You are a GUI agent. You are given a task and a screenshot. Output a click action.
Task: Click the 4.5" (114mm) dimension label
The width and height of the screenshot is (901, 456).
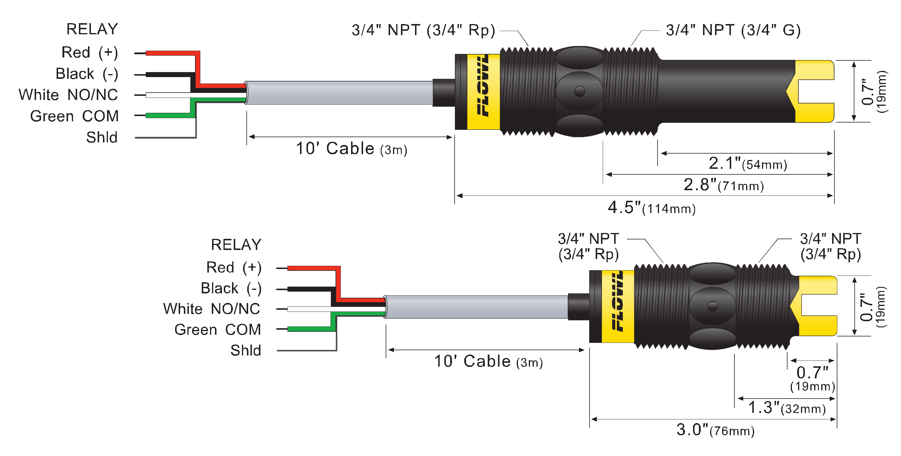pyautogui.click(x=651, y=208)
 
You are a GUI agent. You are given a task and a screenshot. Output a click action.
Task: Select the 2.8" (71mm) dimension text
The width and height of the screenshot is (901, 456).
pyautogui.click(x=723, y=185)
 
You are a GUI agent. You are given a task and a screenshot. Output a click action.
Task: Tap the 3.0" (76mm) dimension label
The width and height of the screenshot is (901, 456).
pyautogui.click(x=715, y=430)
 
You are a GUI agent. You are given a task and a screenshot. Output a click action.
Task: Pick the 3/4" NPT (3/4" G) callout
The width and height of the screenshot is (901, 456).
pyautogui.click(x=733, y=30)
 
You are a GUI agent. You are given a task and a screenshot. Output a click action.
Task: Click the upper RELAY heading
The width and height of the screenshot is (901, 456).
pyautogui.click(x=92, y=29)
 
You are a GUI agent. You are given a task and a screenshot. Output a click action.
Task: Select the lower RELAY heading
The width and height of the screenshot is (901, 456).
pyautogui.click(x=236, y=245)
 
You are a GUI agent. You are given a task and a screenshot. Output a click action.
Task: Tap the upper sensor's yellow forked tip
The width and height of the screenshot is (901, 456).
pyautogui.click(x=815, y=91)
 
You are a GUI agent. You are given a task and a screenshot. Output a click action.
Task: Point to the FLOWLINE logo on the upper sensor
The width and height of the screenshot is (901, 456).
pyautogui.click(x=483, y=86)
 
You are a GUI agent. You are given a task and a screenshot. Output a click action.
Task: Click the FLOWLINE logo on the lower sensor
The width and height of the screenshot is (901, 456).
pyautogui.click(x=618, y=301)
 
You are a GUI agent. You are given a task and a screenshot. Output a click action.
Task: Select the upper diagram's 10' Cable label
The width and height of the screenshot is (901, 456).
pyautogui.click(x=351, y=149)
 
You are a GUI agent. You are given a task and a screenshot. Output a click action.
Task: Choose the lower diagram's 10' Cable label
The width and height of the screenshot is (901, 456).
pyautogui.click(x=488, y=361)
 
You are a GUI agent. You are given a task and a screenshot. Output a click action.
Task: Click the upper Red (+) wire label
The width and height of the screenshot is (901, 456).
pyautogui.click(x=89, y=52)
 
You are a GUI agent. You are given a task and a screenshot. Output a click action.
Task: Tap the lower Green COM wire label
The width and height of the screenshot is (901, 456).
pyautogui.click(x=218, y=329)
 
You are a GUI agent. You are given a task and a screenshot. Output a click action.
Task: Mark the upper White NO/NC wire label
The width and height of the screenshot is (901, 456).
pyautogui.click(x=68, y=95)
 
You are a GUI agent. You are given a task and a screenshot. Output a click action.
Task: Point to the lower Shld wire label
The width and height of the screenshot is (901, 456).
pyautogui.click(x=245, y=350)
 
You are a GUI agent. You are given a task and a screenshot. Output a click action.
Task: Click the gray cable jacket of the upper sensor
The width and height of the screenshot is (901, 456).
pyautogui.click(x=339, y=93)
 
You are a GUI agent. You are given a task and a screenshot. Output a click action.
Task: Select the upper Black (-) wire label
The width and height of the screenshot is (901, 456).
pyautogui.click(x=87, y=74)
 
